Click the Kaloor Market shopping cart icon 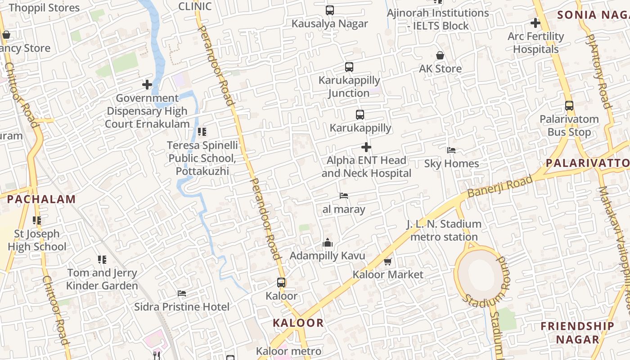pos(387,261)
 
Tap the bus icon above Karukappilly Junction pos(349,67)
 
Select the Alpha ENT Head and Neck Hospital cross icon pos(366,147)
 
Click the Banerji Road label pos(499,186)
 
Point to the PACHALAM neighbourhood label pos(41,199)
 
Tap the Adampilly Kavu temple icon pos(328,243)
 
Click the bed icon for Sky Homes pos(451,150)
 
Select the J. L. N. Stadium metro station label pos(444,230)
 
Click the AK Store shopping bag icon pos(440,55)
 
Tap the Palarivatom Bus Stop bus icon pos(569,106)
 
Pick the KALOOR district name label pos(298,323)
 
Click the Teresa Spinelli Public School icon pos(202,132)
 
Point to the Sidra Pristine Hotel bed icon pos(182,293)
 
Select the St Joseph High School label pos(37,240)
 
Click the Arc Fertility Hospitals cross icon pos(535,22)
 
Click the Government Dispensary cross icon pos(147,85)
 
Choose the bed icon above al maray pos(344,196)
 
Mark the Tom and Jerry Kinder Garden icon pos(102,260)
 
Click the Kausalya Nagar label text pos(330,24)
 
